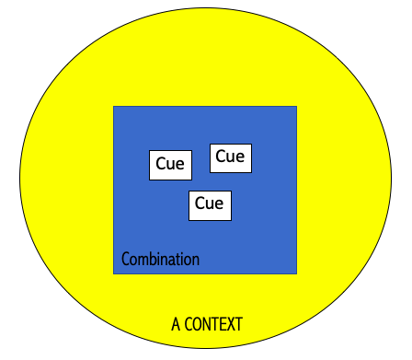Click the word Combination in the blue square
[160, 260]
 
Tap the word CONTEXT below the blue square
[213, 324]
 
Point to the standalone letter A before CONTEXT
[176, 324]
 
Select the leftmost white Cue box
[170, 165]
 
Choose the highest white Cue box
[230, 157]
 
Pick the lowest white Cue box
[210, 204]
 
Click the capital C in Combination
[126, 260]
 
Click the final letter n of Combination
[195, 260]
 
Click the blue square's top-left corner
[113, 107]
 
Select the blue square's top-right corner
[297, 107]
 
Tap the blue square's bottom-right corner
[297, 273]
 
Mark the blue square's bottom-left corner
[113, 273]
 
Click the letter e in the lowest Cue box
[219, 204]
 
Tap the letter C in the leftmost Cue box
[161, 165]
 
